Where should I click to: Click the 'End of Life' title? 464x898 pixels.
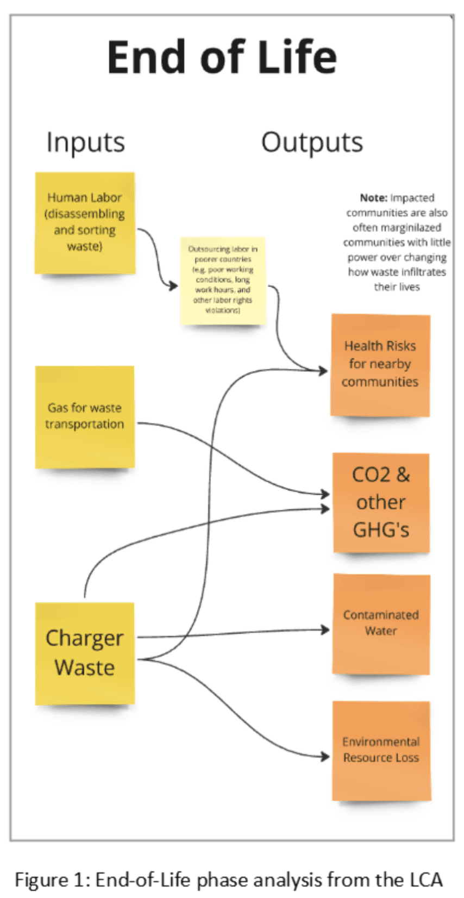pyautogui.click(x=222, y=57)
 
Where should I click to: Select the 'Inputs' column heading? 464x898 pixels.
pyautogui.click(x=85, y=142)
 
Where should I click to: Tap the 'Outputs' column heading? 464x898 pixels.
pyautogui.click(x=312, y=142)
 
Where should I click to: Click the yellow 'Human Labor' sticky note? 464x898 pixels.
pyautogui.click(x=85, y=222)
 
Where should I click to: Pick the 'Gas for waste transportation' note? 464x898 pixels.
pyautogui.click(x=85, y=416)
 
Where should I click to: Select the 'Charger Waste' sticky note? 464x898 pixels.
pyautogui.click(x=85, y=653)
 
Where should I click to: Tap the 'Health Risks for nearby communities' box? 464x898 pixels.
pyautogui.click(x=380, y=364)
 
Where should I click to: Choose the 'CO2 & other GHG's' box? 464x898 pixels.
pyautogui.click(x=381, y=502)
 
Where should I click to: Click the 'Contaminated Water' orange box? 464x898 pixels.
pyautogui.click(x=381, y=623)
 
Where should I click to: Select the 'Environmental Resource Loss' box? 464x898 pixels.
pyautogui.click(x=381, y=750)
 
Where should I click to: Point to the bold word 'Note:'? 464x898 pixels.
pyautogui.click(x=373, y=198)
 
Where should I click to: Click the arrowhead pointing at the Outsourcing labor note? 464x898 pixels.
pyautogui.click(x=174, y=285)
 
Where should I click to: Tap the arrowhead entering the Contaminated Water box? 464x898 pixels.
pyautogui.click(x=326, y=629)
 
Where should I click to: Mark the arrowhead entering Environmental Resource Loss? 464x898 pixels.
pyautogui.click(x=326, y=756)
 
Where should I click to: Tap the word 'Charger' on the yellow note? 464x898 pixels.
pyautogui.click(x=84, y=638)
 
